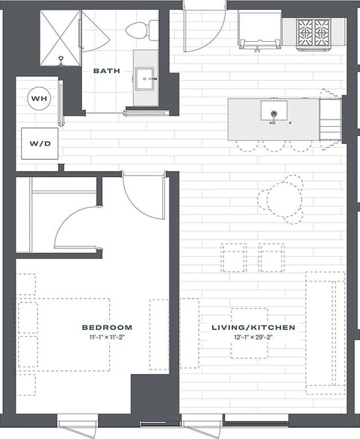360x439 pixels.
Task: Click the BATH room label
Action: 107,71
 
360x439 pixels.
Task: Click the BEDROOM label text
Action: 107,327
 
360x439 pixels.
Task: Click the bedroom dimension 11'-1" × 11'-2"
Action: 107,337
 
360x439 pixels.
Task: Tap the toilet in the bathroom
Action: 140,30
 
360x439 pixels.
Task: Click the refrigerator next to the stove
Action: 259,32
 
